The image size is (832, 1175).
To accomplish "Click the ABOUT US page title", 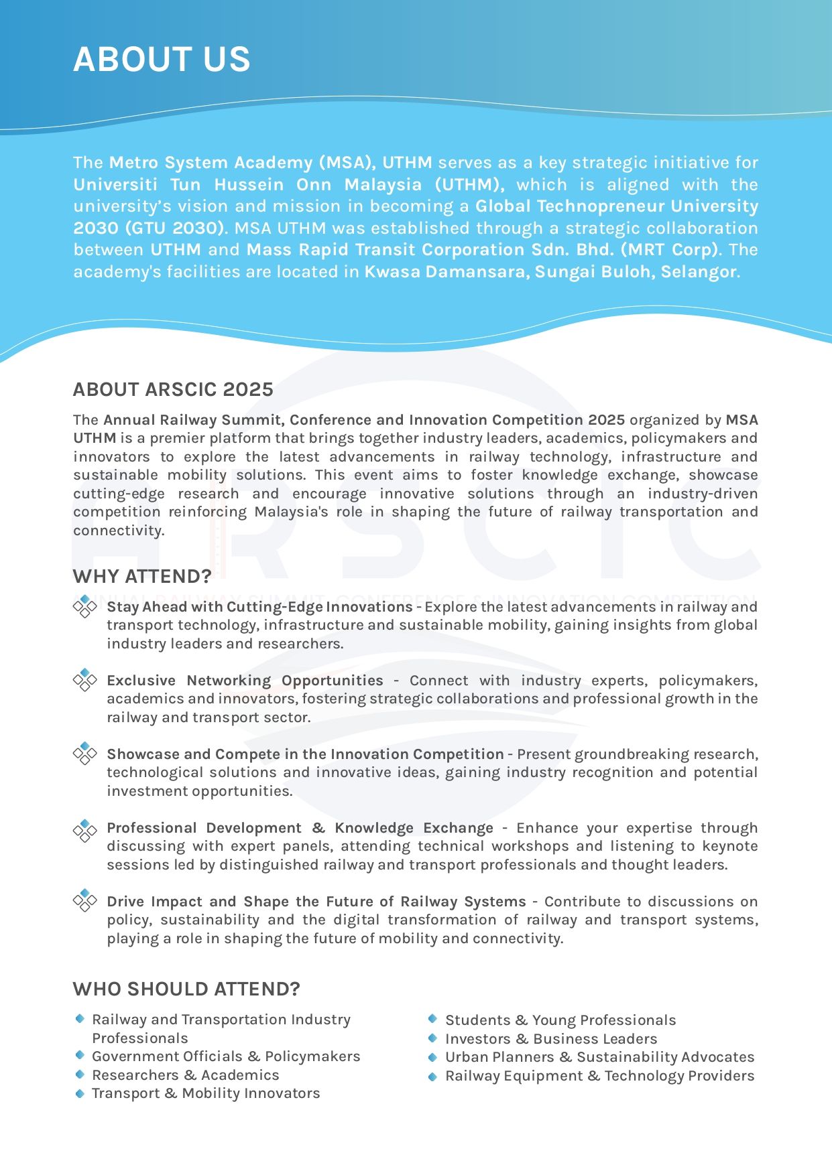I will (162, 59).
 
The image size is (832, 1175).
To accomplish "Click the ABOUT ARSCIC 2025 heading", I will (173, 389).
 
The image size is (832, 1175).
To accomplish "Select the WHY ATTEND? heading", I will (142, 576).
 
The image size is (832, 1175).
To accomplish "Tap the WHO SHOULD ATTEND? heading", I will (186, 989).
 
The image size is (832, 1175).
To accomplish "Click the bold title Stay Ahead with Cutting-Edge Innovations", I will (259, 607).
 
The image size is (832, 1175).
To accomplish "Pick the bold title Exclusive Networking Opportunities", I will (245, 681).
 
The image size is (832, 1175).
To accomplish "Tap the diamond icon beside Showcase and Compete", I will (85, 754).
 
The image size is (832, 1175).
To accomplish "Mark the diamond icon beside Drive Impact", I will (85, 901).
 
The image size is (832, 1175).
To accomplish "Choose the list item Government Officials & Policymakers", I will (226, 1056).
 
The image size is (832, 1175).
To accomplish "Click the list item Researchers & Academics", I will (185, 1075).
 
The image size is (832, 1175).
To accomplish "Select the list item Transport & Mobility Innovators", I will (206, 1093).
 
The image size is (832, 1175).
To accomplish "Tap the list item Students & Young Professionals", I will (560, 1020).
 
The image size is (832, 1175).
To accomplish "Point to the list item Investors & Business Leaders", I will (551, 1039).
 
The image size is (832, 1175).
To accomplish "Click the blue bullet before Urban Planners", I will (432, 1057).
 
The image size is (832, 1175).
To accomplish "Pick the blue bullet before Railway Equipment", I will (432, 1077).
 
